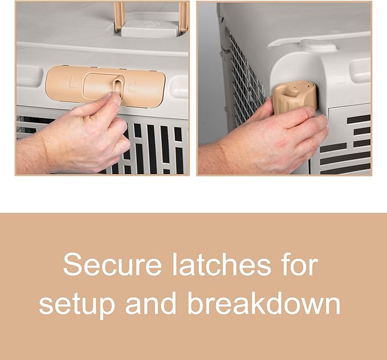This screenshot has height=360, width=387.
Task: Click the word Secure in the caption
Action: point(112,265)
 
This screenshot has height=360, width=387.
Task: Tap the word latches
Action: point(221,264)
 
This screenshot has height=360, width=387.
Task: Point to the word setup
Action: point(77,304)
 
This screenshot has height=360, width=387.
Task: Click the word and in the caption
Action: point(151,302)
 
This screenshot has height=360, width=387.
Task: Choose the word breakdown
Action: point(264,302)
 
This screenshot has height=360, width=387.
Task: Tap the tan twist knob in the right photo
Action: point(294,97)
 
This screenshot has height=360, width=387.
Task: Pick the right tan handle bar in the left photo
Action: point(184,16)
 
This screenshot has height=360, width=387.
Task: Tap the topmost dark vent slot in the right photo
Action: point(359,119)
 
